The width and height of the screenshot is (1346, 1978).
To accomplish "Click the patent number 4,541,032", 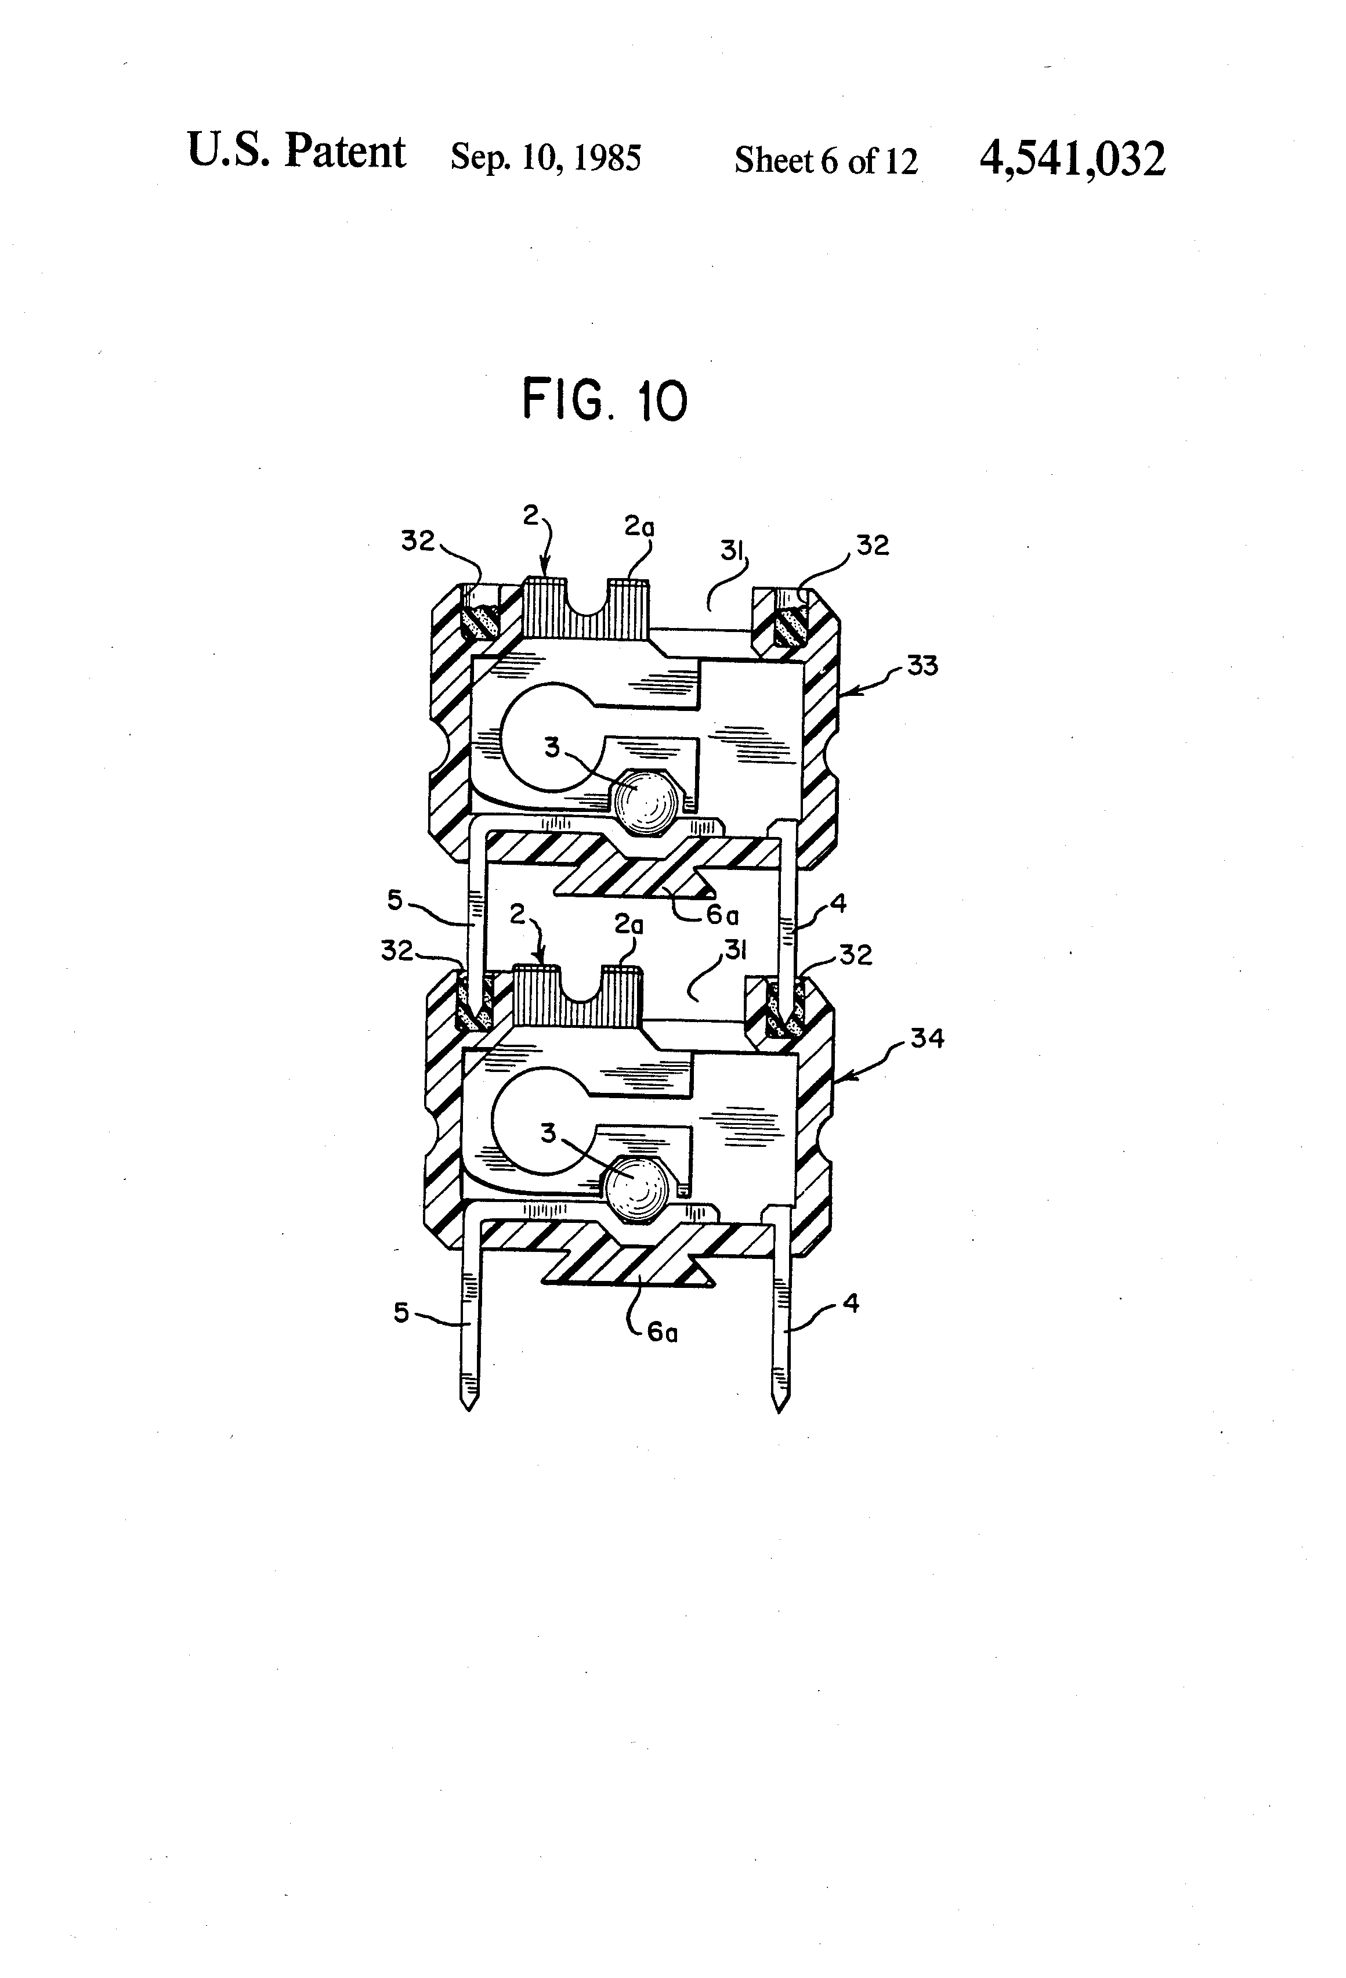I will pos(1072,159).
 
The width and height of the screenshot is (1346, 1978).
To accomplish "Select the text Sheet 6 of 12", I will pos(826,160).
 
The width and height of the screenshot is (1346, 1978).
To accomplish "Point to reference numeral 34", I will pos(927,1038).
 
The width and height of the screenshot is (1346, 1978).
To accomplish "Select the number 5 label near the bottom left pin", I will pos(401,1312).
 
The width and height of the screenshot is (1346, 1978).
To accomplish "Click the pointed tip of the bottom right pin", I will pos(779,1406).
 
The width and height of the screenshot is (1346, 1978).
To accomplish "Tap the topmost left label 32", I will pos(418,540).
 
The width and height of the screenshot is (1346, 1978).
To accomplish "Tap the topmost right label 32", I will pos(872,545).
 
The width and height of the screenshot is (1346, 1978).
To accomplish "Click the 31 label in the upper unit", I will pos(732,551).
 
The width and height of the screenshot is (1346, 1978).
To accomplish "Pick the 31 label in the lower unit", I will pos(735,950).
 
